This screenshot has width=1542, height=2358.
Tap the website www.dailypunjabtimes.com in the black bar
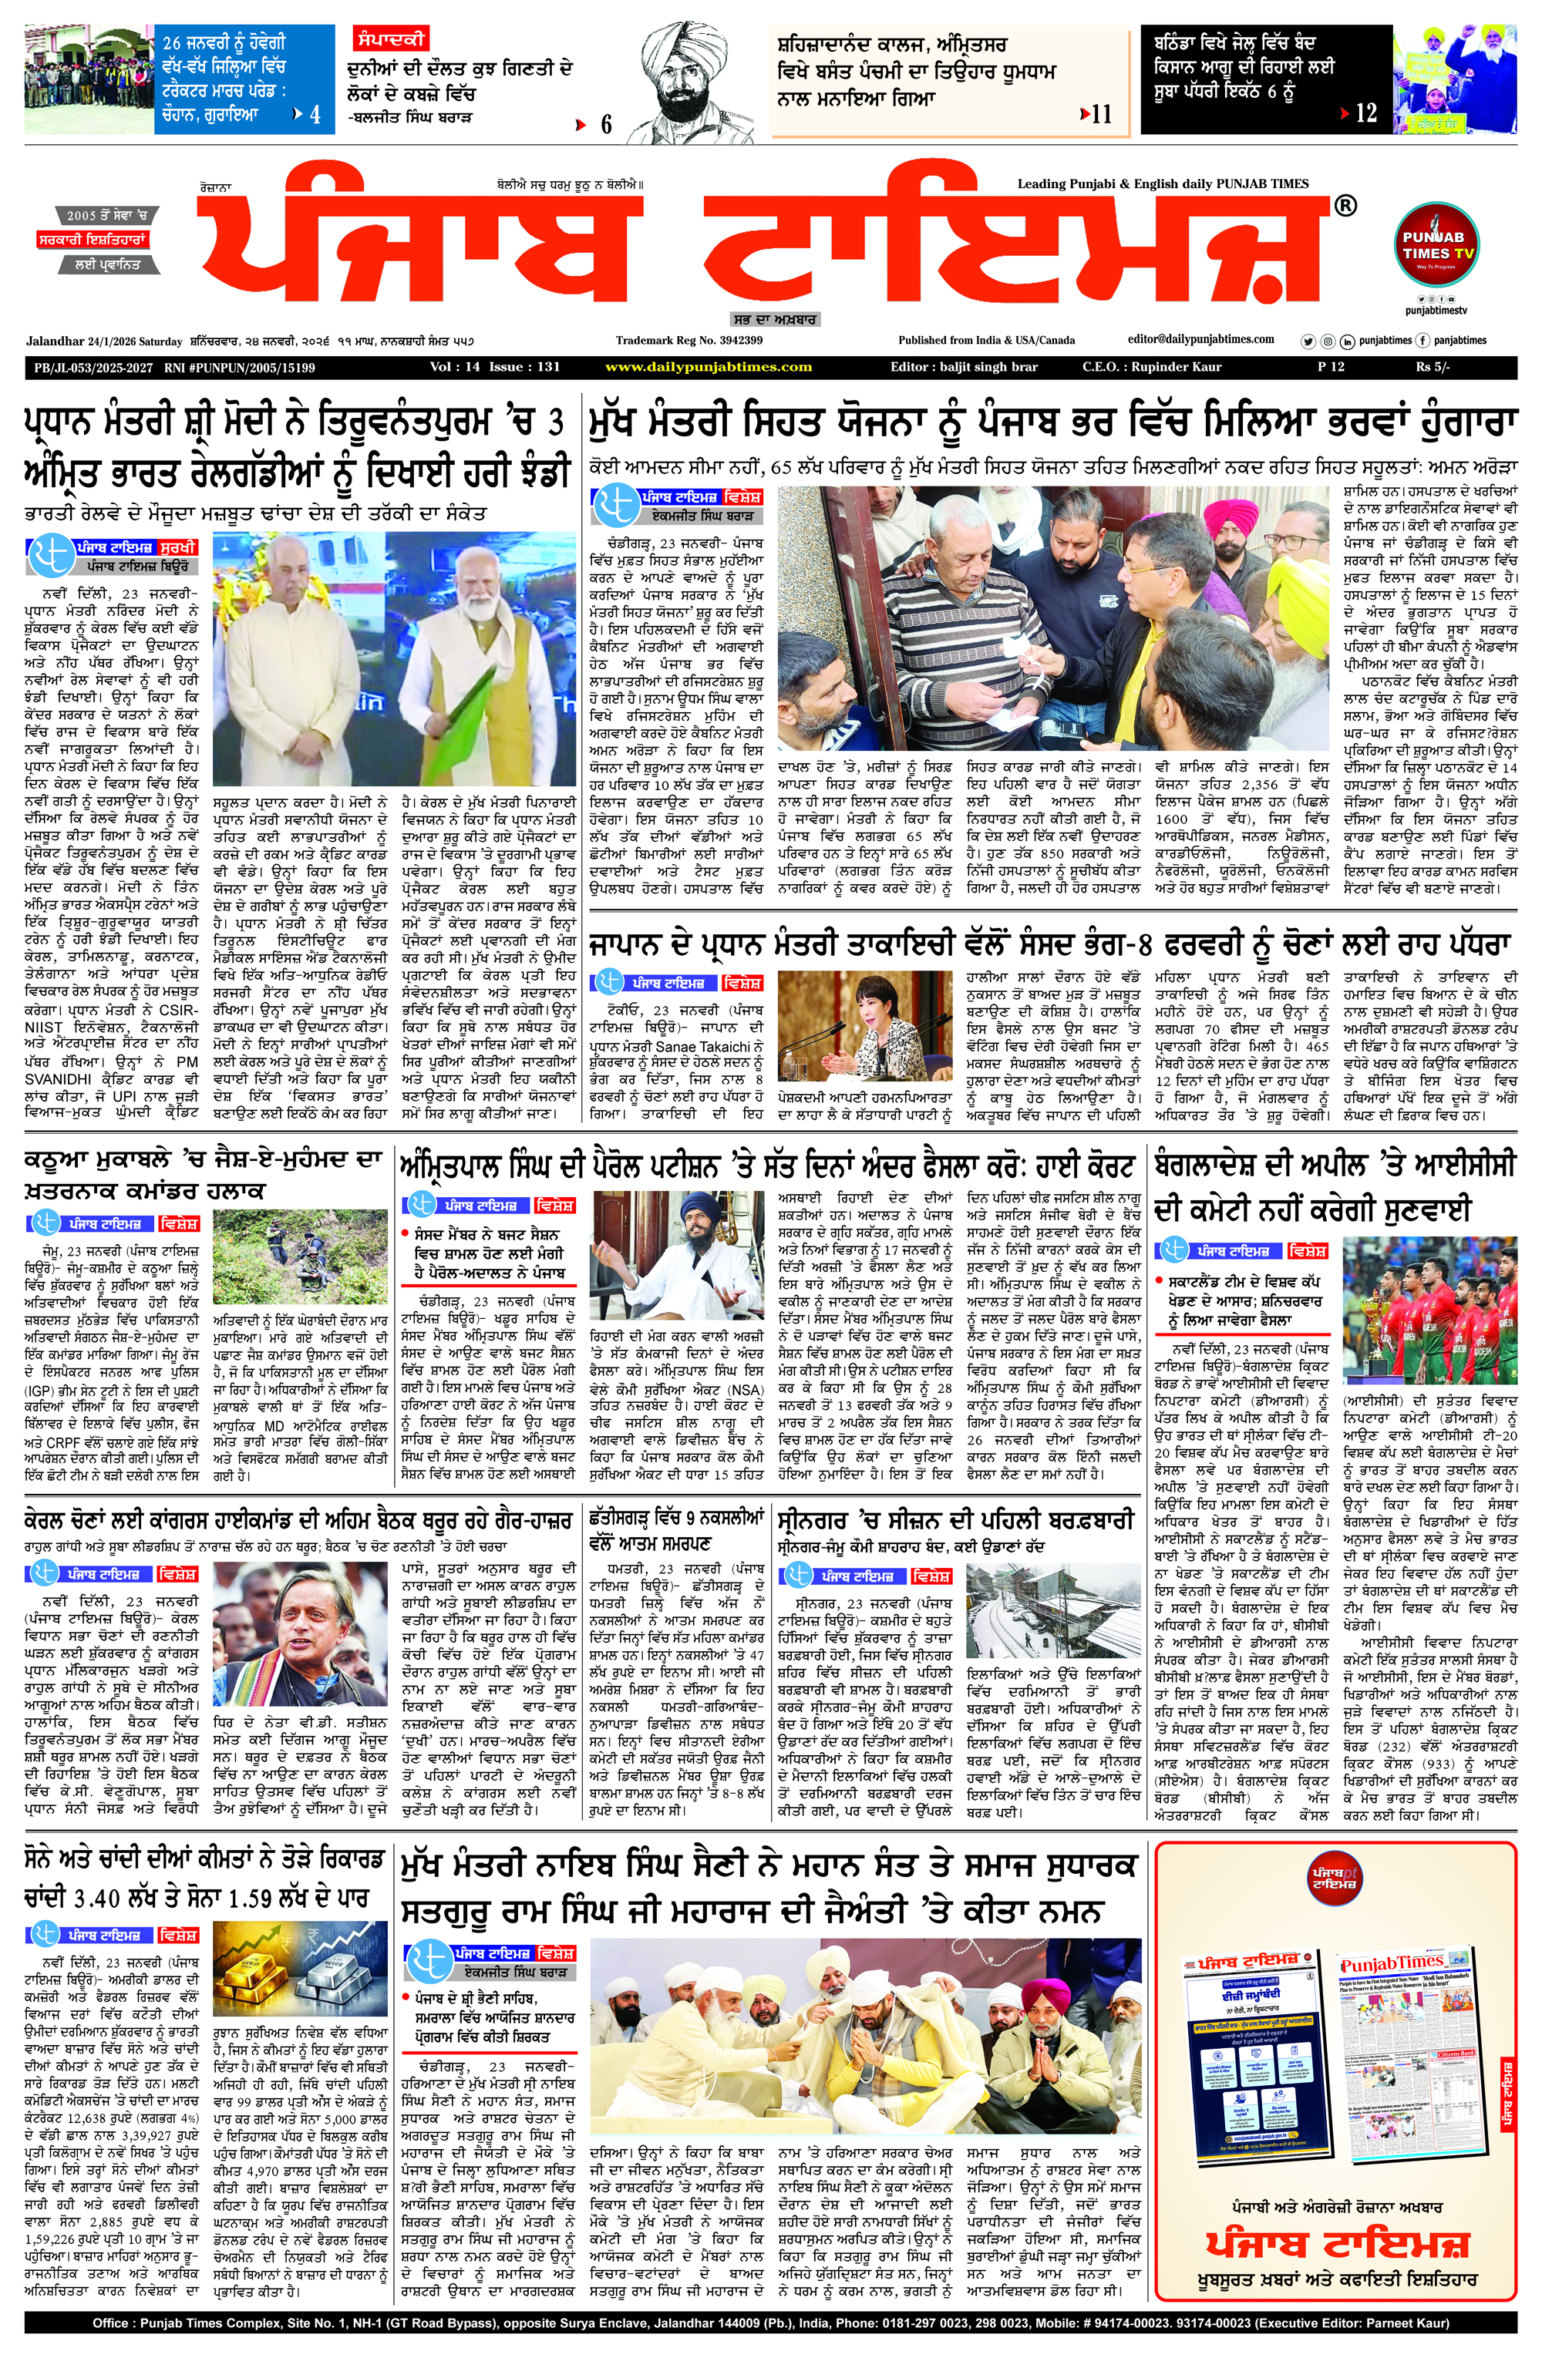pyautogui.click(x=709, y=367)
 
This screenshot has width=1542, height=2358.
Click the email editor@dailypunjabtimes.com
pyautogui.click(x=1201, y=339)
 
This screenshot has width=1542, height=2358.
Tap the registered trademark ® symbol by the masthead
pyautogui.click(x=1345, y=206)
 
